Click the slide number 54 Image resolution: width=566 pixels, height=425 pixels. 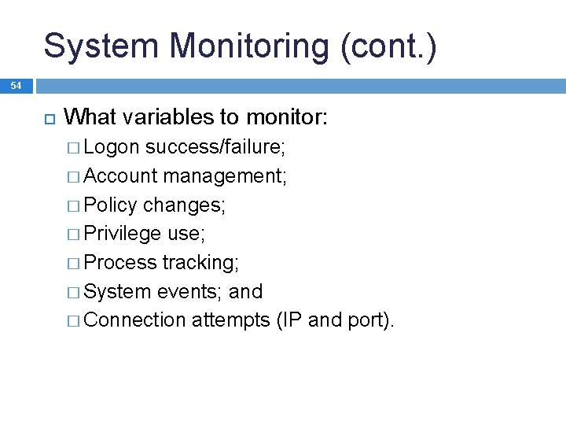[x=17, y=85]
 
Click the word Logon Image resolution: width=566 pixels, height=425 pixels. [x=112, y=146]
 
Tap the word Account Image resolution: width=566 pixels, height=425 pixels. [x=120, y=176]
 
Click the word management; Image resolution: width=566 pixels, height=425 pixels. [x=226, y=176]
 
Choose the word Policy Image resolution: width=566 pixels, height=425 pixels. [x=110, y=205]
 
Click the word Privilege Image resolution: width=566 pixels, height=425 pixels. [x=123, y=234]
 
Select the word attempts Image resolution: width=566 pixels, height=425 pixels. [x=231, y=321]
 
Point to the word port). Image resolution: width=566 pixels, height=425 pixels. [x=369, y=321]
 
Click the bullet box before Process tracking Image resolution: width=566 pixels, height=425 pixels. [x=73, y=263]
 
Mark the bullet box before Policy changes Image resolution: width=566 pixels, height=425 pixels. [x=73, y=205]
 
